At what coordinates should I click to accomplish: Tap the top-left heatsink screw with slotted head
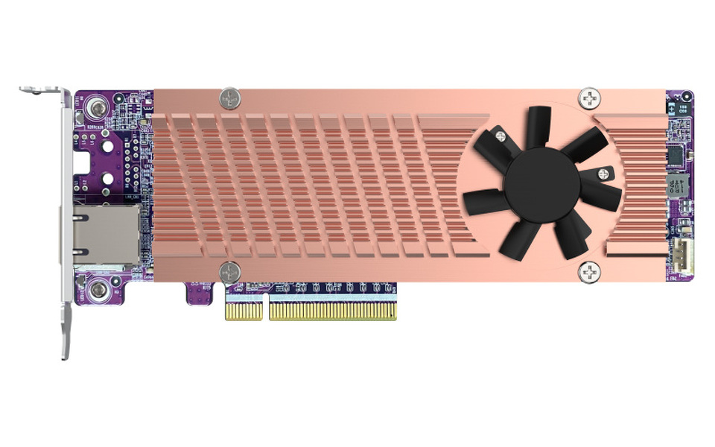230,98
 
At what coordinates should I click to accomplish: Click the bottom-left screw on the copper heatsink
230,271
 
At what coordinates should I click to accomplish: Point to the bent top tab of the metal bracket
40,91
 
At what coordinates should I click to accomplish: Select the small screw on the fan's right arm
603,174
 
